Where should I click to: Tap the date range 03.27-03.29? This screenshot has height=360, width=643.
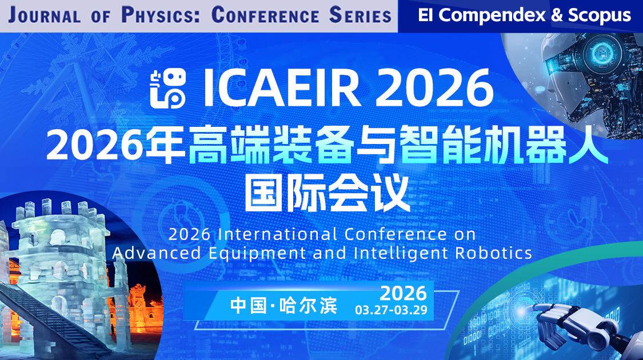click(390, 311)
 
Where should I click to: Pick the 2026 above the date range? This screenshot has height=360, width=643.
click(403, 293)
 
